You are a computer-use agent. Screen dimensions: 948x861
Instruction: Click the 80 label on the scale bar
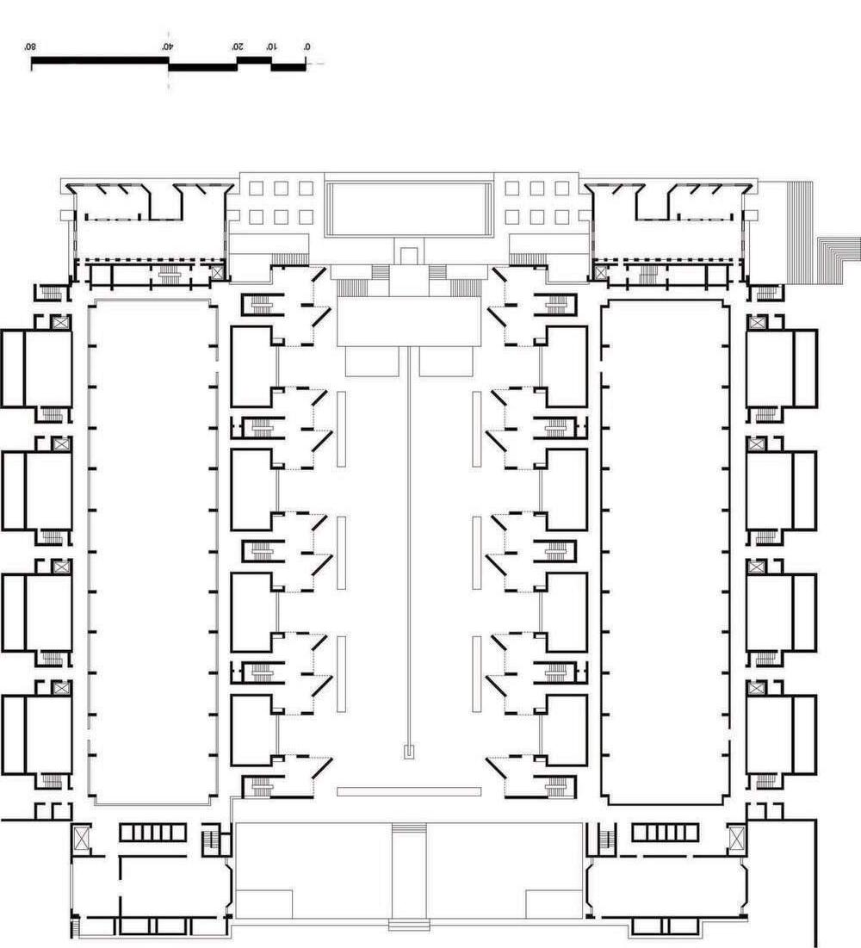30,46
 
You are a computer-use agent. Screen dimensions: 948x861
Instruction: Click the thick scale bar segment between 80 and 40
99,60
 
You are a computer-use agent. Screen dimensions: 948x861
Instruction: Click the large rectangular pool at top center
410,208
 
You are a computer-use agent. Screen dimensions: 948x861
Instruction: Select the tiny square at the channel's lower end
410,751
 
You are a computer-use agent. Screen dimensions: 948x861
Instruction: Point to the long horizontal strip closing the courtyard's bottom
409,790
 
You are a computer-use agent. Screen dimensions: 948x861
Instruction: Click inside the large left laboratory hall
151,551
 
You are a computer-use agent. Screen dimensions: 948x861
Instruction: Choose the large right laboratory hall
665,551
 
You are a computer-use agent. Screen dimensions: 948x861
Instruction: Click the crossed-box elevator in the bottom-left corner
83,837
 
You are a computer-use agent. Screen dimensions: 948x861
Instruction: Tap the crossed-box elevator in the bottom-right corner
737,837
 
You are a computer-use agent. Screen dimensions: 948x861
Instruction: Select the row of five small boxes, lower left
152,832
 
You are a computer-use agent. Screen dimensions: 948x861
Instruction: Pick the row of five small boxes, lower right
666,832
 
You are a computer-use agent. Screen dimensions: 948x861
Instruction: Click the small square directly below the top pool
410,255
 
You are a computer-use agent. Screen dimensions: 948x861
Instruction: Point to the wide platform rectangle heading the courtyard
408,322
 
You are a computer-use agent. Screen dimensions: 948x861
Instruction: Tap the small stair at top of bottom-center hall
409,828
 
